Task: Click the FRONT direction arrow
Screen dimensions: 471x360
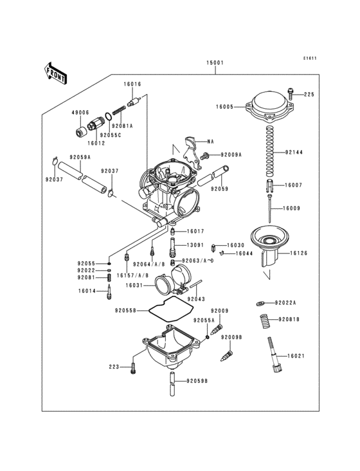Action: (x=56, y=73)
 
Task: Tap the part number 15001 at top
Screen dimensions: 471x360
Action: (x=215, y=63)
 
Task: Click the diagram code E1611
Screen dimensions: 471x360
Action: (x=310, y=58)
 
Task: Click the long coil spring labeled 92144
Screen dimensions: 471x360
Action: (x=271, y=151)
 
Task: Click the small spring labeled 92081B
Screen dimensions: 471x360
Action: (x=263, y=319)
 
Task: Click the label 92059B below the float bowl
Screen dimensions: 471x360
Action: (x=197, y=381)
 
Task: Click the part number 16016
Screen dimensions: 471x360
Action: (x=132, y=84)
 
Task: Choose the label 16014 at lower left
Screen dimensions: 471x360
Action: (x=87, y=291)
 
